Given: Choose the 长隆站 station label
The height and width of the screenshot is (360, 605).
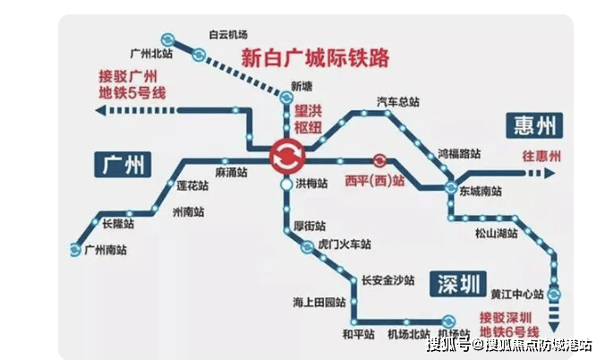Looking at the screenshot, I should coord(117,222).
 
